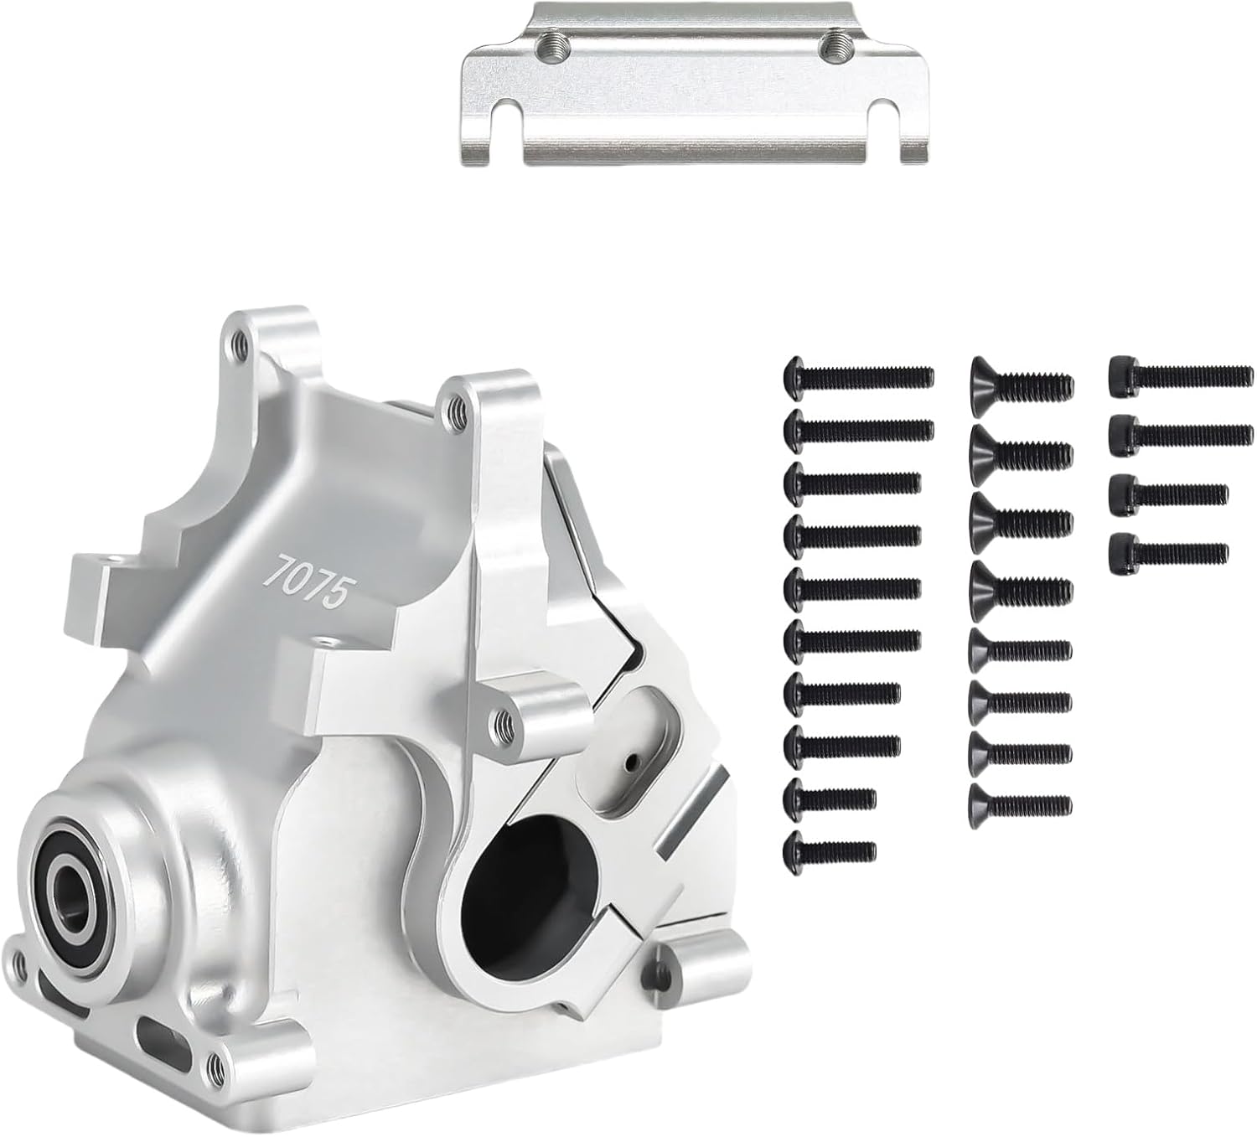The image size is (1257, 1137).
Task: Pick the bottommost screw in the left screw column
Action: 829,850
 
